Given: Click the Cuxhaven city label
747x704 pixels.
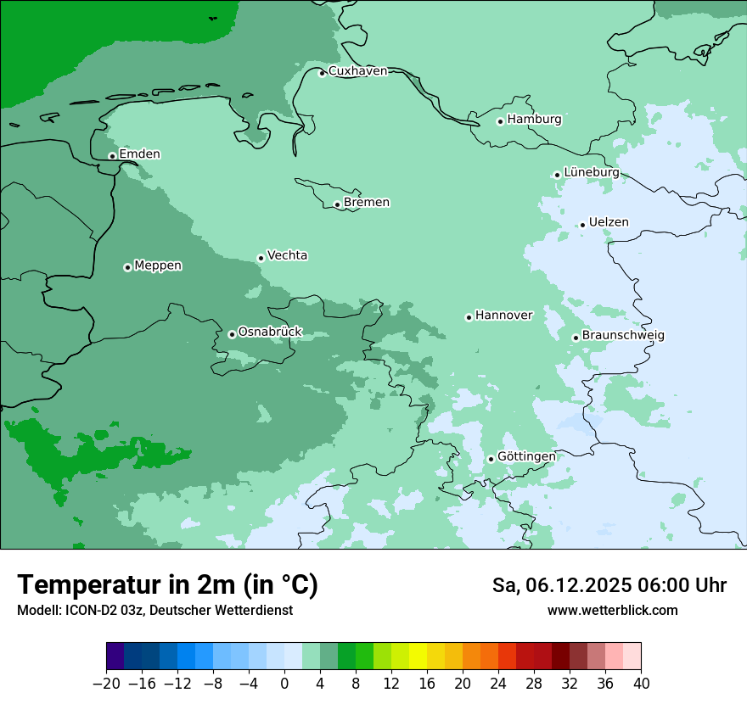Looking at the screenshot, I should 357,71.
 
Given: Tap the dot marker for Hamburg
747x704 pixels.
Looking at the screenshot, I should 500,121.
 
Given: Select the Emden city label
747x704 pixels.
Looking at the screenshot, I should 139,154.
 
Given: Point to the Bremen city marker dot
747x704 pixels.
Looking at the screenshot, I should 337,204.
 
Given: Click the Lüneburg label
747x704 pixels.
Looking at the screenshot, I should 591,172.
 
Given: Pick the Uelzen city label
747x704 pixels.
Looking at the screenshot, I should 609,222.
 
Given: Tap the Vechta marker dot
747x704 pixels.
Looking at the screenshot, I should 261,258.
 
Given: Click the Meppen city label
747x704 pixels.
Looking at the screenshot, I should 158,265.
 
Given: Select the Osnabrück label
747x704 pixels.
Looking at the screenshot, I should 270,332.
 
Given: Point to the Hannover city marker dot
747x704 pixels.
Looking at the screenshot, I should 469,317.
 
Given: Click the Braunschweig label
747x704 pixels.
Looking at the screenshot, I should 623,335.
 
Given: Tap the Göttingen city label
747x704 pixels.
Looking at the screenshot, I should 526,456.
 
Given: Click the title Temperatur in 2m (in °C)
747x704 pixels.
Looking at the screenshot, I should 167,584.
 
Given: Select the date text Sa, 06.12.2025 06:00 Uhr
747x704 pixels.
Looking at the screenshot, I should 609,585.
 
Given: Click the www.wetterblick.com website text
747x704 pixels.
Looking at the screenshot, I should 612,610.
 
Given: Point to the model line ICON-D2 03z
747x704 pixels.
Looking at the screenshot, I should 154,610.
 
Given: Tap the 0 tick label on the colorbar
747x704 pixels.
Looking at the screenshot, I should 284,684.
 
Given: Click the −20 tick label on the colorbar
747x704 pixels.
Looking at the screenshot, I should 106,684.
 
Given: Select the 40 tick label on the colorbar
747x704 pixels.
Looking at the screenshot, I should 641,684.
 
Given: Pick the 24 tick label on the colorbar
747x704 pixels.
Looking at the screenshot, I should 498,684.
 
